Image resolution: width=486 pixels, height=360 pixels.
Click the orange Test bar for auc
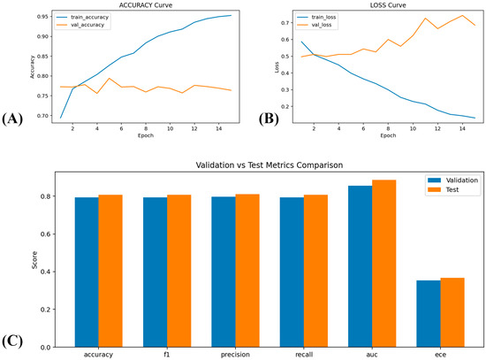(x=384, y=264)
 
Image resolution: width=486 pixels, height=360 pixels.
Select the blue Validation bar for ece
(x=429, y=314)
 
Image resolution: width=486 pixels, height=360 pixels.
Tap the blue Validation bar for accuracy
(x=87, y=272)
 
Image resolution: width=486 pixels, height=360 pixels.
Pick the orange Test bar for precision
(x=247, y=271)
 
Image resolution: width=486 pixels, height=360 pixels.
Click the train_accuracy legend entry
(x=82, y=17)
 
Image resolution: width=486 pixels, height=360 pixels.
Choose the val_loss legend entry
(x=315, y=25)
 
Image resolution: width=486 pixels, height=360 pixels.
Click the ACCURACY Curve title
(x=146, y=5)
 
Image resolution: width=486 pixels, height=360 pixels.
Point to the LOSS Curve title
(x=388, y=5)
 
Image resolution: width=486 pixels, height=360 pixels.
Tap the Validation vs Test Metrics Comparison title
(x=270, y=165)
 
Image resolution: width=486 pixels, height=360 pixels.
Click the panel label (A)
(x=12, y=119)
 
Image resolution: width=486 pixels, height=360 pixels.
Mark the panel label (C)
(x=12, y=341)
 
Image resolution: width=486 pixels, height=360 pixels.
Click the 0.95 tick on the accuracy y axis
(x=42, y=17)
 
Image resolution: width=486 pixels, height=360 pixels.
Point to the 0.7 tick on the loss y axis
(x=285, y=23)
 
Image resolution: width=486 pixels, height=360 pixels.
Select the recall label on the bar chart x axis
(x=304, y=355)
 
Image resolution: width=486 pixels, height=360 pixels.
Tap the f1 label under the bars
(x=167, y=355)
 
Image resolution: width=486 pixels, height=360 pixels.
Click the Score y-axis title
(x=34, y=260)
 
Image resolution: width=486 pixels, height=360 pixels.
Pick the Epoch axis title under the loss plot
(x=388, y=135)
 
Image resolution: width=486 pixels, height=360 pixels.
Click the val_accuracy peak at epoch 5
(x=109, y=78)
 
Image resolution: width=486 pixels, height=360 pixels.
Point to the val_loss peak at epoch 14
(x=462, y=15)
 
